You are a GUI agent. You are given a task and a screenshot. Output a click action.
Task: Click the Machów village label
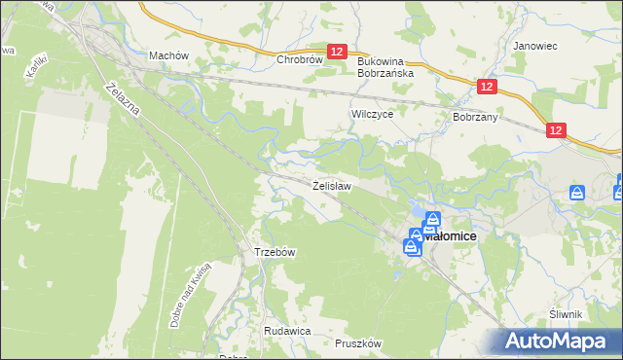coord(167,55)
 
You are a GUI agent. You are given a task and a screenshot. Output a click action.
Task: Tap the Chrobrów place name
coord(299,59)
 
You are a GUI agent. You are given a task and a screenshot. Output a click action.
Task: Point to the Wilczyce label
coord(371,114)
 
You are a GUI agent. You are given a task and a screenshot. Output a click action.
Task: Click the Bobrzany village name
coord(475,116)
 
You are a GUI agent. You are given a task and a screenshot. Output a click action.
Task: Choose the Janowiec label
coord(533,46)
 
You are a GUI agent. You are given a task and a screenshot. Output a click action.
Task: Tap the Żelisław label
coord(331,184)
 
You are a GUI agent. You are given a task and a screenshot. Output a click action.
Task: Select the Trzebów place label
coord(275,252)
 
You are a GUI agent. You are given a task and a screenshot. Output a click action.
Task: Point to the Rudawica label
coord(286,331)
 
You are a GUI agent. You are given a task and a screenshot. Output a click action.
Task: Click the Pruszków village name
coord(357,343)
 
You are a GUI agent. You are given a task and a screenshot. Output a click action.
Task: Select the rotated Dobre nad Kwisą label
coord(190,295)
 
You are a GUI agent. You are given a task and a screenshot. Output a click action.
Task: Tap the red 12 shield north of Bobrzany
coord(488,88)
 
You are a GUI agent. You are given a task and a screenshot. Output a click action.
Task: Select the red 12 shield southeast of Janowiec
coord(556,130)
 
